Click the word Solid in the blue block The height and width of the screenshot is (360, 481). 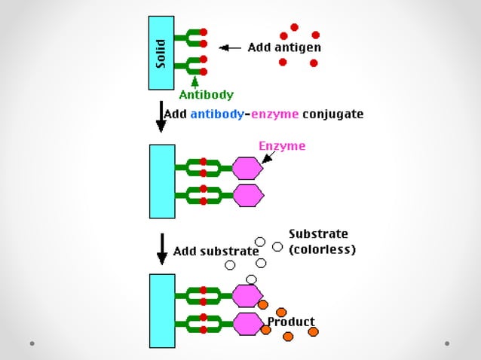161,52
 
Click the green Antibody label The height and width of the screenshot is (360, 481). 206,95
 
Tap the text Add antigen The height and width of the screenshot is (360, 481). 284,47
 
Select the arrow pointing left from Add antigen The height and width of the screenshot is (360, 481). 229,47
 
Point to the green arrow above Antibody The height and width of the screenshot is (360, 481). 195,81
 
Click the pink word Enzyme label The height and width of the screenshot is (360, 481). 282,146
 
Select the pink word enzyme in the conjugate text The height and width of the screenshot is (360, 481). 274,114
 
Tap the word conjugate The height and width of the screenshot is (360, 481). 332,114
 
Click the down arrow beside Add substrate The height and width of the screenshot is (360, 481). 161,249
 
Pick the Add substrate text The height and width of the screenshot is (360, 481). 216,251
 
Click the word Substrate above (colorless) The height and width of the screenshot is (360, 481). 318,233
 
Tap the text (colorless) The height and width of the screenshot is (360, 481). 322,249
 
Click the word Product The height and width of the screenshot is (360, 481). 291,322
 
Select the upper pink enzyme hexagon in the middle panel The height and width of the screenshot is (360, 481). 247,168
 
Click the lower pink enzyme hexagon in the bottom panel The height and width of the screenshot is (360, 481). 247,325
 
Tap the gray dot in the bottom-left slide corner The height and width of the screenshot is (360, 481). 32,343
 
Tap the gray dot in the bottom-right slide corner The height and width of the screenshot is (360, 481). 447,343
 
